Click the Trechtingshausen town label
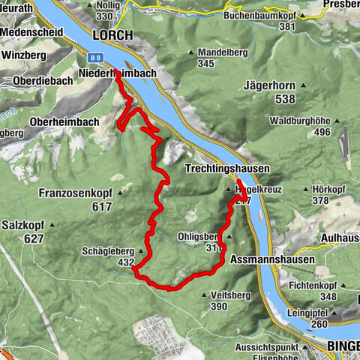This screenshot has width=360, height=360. pyautogui.click(x=226, y=169)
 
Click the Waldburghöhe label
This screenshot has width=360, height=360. pyautogui.click(x=301, y=121)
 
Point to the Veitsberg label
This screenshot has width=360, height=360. pyautogui.click(x=209, y=295)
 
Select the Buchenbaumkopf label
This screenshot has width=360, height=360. pyautogui.click(x=259, y=14)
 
